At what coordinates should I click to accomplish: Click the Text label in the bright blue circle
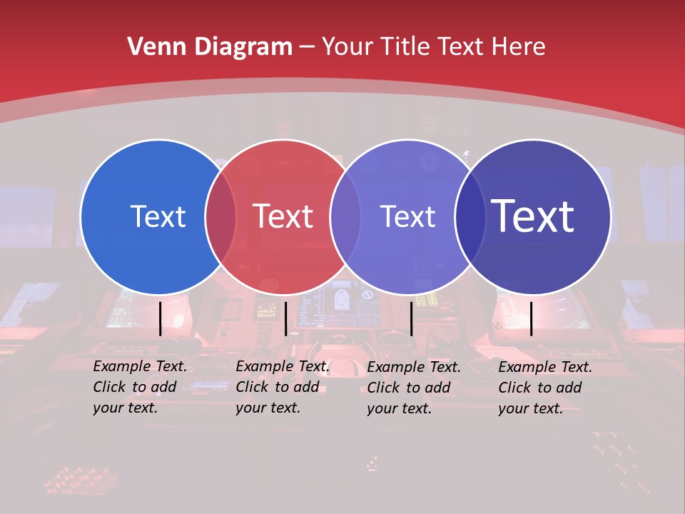pos(158,216)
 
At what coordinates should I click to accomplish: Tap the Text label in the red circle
pos(283,216)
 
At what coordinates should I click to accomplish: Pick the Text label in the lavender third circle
pos(407,216)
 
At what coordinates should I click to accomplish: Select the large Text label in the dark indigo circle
pos(533,216)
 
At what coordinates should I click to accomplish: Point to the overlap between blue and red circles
pos(220,216)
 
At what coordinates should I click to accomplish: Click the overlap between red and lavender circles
pos(345,216)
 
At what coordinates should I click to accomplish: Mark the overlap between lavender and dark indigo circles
pos(470,216)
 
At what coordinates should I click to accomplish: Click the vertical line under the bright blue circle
pos(160,318)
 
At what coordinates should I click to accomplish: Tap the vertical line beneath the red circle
pos(285,318)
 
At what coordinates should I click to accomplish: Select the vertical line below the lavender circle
pos(411,318)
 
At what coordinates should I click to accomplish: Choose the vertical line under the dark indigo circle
pos(532,318)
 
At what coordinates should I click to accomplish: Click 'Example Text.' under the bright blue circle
pos(140,366)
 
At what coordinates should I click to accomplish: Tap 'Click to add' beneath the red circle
pos(278,387)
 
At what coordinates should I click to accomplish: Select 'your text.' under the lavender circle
pos(400,408)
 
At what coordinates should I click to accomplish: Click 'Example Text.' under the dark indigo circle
pos(545,367)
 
